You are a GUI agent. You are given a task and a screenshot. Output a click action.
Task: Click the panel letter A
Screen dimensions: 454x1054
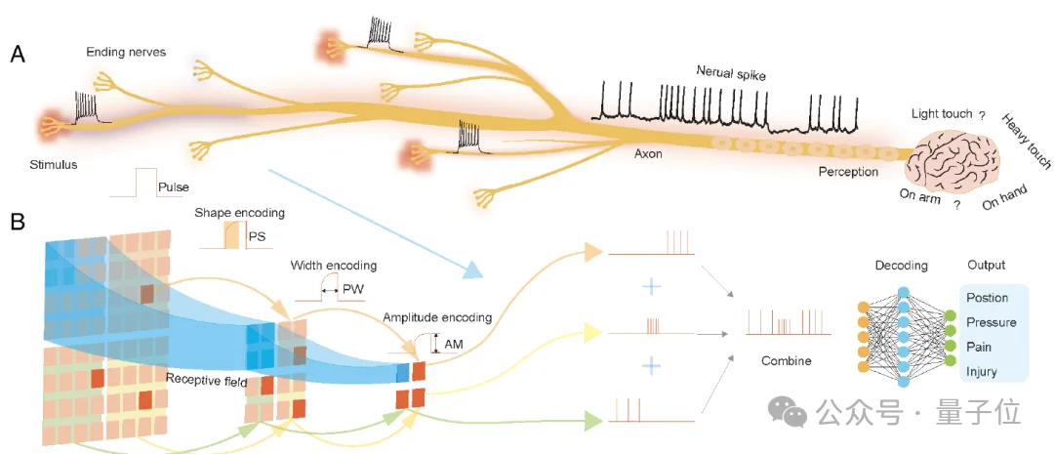click(x=18, y=55)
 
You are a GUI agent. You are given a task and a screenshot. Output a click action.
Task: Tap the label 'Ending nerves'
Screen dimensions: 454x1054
click(x=125, y=52)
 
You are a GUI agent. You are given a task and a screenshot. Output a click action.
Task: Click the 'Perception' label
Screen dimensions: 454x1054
click(x=848, y=171)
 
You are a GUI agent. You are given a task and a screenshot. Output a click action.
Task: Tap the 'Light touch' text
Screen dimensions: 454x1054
click(x=941, y=114)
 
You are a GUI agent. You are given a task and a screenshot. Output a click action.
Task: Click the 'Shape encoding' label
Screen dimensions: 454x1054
click(x=233, y=212)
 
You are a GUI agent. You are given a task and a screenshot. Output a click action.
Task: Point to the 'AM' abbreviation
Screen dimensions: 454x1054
click(x=454, y=345)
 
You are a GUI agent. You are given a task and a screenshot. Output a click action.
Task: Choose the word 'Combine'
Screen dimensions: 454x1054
click(x=787, y=360)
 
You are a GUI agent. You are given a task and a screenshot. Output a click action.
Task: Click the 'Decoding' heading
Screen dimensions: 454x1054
click(x=902, y=265)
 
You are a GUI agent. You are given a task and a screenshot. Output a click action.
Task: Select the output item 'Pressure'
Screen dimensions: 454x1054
click(x=991, y=322)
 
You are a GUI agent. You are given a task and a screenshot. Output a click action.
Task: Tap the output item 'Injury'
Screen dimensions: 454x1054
click(x=981, y=372)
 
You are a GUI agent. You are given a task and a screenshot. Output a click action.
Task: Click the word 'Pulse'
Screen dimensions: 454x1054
click(x=173, y=186)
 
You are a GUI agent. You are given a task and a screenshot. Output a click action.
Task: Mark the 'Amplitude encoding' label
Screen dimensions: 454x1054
click(x=436, y=317)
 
